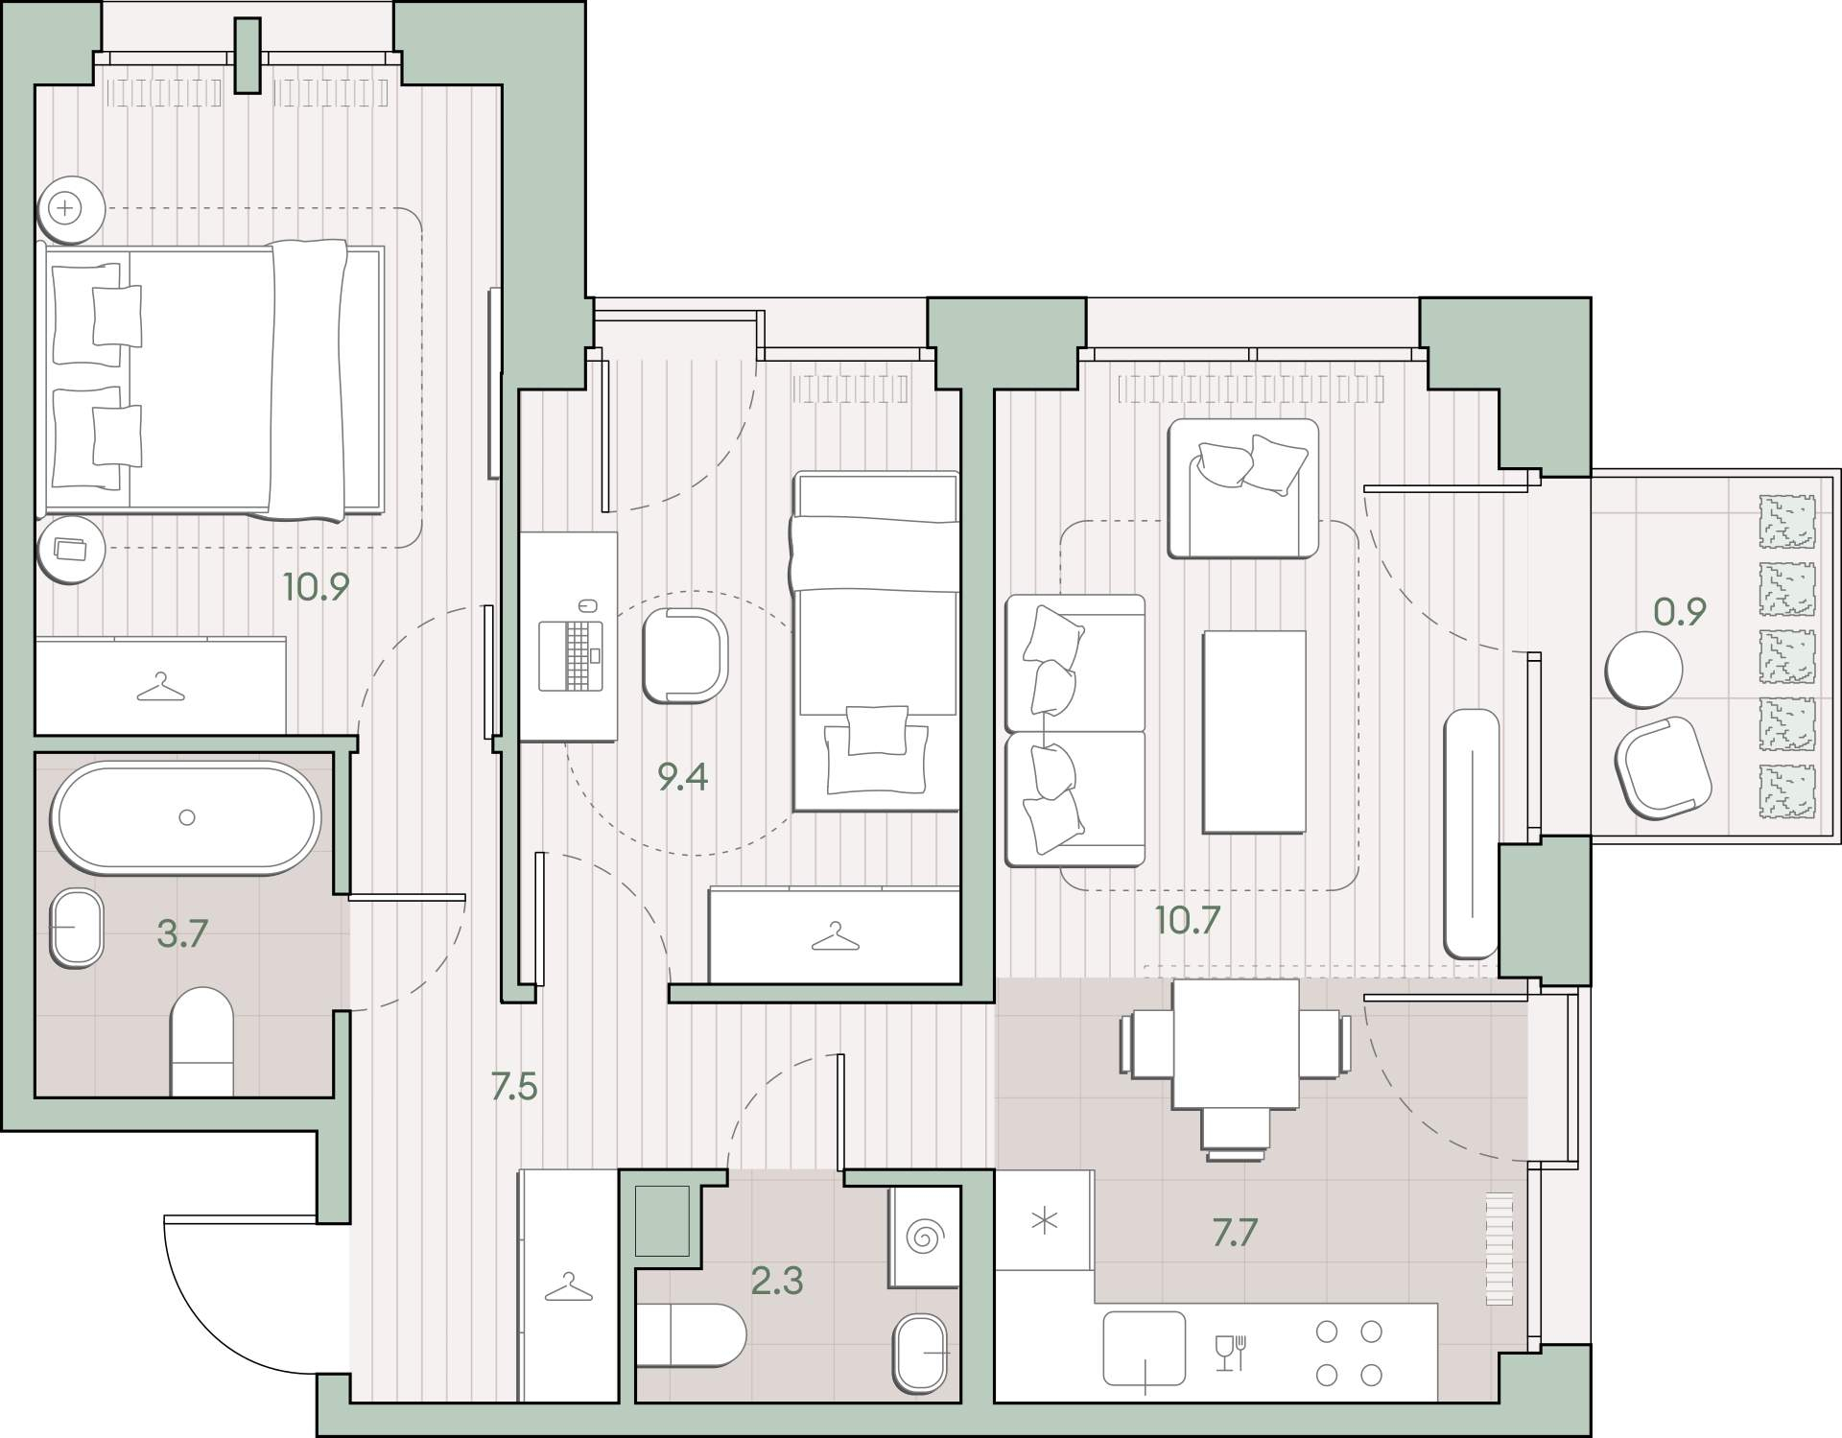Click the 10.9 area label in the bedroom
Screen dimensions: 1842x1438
(x=316, y=586)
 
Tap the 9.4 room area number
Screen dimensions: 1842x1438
(x=682, y=776)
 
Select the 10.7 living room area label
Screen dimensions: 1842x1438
(x=1187, y=920)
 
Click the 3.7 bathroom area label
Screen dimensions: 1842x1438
(x=182, y=932)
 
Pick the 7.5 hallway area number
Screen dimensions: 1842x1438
(x=513, y=1087)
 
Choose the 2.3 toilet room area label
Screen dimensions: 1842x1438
(x=777, y=1281)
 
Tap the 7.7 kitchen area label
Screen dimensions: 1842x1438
(x=1234, y=1233)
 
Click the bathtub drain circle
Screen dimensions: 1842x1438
(x=187, y=817)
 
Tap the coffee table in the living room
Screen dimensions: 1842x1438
(x=1254, y=732)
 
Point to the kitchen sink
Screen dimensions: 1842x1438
(x=1144, y=1348)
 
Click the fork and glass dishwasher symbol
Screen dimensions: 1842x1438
(x=1230, y=1353)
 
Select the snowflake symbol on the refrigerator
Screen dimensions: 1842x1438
(x=1044, y=1221)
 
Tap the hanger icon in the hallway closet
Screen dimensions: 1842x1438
(x=568, y=1287)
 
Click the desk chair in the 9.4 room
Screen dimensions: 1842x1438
(x=685, y=655)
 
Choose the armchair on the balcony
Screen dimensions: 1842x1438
(x=1664, y=767)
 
